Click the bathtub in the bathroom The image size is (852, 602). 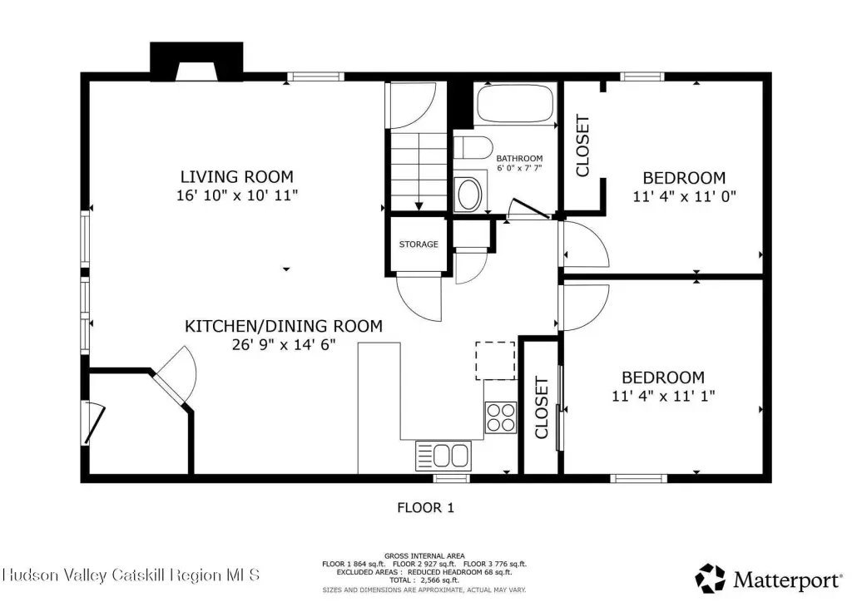point(514,104)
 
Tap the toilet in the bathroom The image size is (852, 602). point(473,148)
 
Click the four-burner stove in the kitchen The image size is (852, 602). point(500,417)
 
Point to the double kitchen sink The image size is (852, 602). point(443,456)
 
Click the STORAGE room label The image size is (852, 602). point(419,244)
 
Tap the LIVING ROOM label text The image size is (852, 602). point(237,176)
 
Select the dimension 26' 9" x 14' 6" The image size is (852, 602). point(284,344)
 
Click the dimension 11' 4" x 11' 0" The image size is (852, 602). point(684,196)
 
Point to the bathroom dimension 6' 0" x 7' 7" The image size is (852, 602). point(519,168)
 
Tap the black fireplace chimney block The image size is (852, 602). point(196,62)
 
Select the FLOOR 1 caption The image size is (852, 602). point(425,507)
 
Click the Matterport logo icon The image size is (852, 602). point(711,579)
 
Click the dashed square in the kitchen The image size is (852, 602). point(495,360)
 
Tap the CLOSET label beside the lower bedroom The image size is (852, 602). point(542,407)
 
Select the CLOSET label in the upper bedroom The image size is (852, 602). point(582,146)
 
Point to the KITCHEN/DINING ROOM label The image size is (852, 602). point(284,326)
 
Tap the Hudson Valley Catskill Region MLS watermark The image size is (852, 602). point(131,575)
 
